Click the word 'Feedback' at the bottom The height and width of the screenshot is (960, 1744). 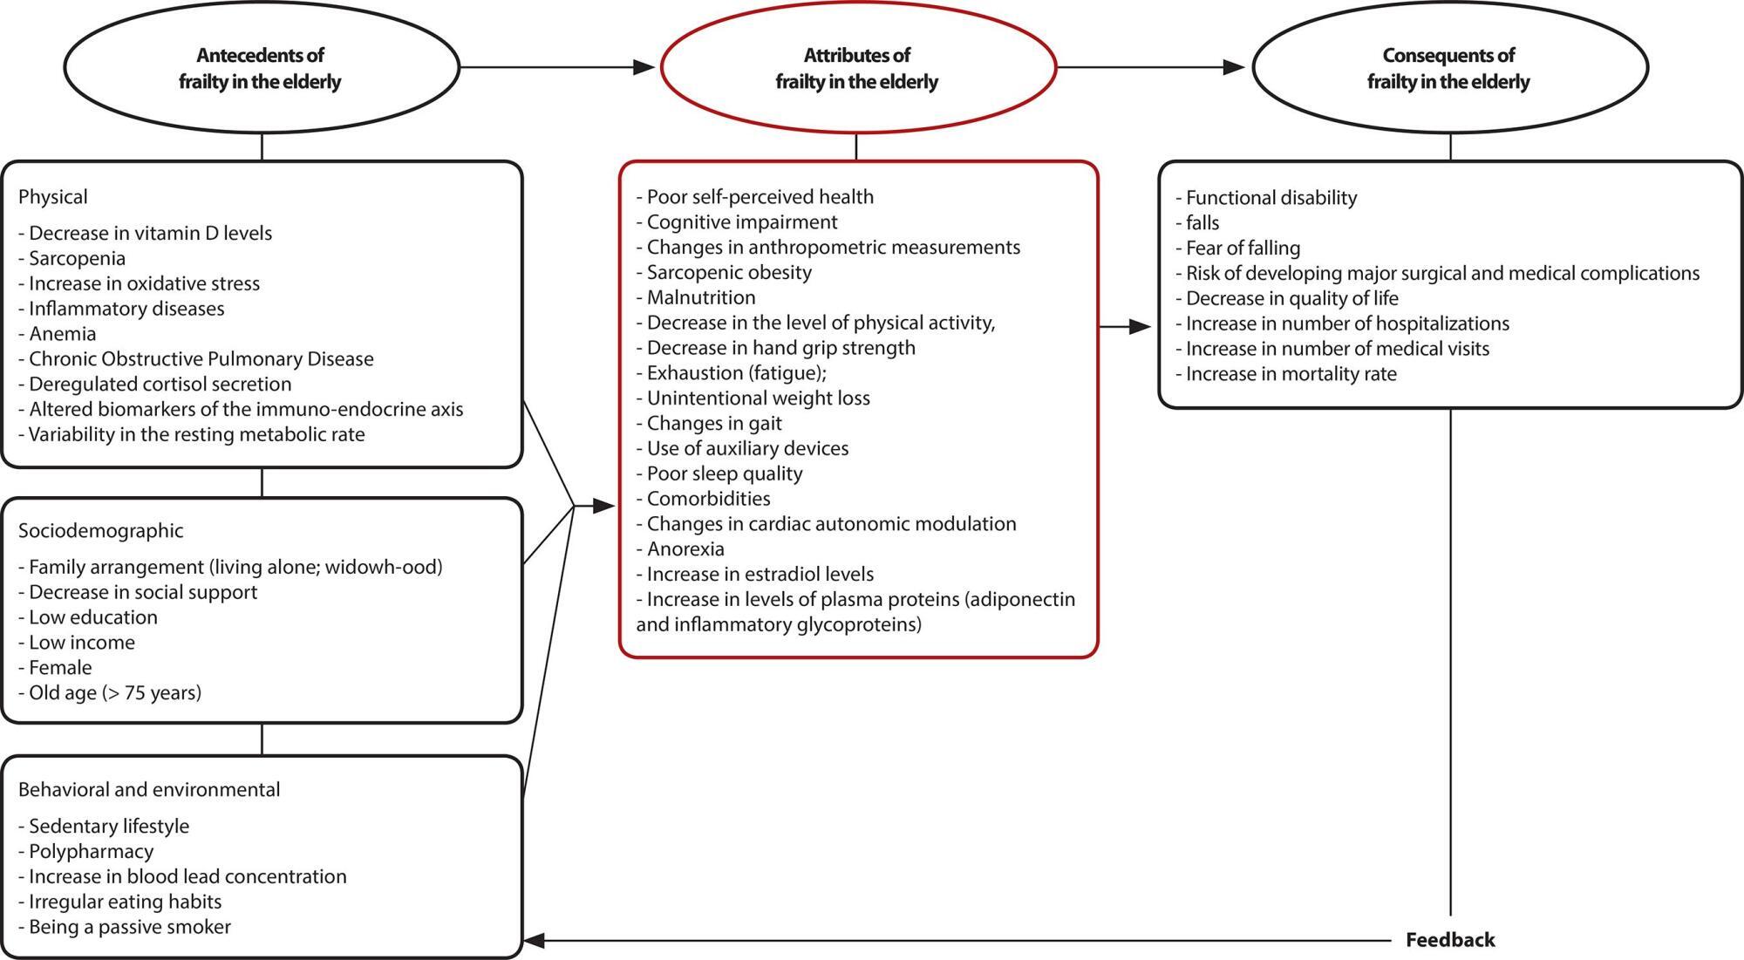coord(1450,940)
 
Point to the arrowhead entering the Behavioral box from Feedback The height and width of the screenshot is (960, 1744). coord(534,941)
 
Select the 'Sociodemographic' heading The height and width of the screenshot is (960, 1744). coord(101,531)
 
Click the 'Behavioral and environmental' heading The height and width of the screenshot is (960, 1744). coord(149,790)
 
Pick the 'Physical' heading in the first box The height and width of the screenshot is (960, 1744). coord(52,197)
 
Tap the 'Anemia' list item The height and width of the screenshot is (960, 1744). coord(58,334)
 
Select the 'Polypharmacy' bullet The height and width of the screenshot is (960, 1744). coord(86,852)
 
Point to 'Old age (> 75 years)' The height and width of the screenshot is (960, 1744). coord(110,693)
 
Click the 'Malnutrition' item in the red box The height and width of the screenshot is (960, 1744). coord(696,297)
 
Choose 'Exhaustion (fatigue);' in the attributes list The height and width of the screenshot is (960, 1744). coord(731,373)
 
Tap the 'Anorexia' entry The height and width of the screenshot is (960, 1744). coord(680,549)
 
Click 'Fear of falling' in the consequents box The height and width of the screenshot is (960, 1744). coord(1238,248)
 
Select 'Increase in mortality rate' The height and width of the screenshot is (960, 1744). coord(1286,374)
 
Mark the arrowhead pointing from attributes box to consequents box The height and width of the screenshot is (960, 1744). coord(1141,327)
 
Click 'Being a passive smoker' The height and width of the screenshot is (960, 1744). coord(125,927)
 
